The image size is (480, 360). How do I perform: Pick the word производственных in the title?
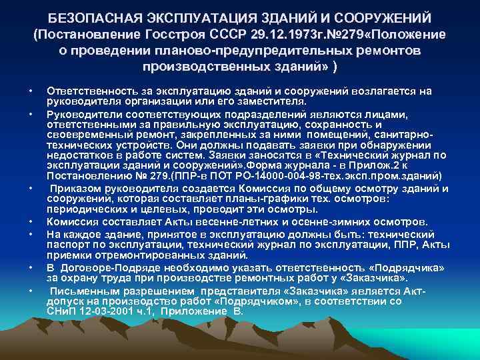(x=200, y=67)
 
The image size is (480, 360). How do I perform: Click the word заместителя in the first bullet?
(x=269, y=101)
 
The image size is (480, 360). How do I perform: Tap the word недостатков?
(x=78, y=152)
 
